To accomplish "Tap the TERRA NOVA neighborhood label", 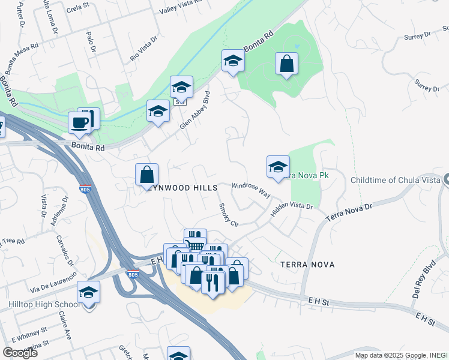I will [307, 264].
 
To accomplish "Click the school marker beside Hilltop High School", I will [89, 293].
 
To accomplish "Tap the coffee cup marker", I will [79, 124].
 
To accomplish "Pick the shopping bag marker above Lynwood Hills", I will [146, 175].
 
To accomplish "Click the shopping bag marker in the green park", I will [286, 64].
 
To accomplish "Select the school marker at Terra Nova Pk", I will [278, 167].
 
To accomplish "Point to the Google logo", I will [20, 353].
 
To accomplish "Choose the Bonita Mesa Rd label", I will [22, 53].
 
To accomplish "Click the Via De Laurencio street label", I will [53, 281].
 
